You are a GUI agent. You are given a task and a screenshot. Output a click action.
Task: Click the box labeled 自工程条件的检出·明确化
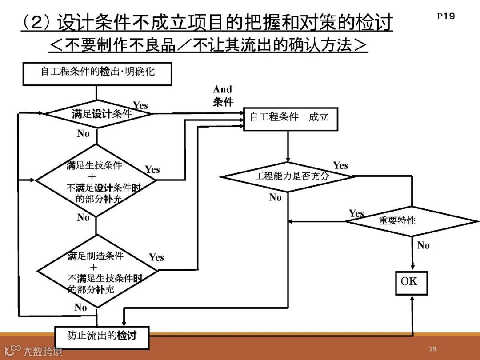[97, 74]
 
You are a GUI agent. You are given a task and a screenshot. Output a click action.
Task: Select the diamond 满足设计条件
[99, 114]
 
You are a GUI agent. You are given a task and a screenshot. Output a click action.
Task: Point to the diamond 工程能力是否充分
[288, 176]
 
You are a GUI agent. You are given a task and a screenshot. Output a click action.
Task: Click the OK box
[411, 283]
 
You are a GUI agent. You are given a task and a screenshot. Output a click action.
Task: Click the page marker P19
[445, 16]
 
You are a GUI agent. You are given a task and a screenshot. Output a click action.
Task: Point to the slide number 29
[432, 349]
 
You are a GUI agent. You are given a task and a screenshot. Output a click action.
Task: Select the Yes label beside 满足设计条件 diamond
[140, 106]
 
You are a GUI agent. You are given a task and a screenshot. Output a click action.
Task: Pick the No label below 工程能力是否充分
[276, 198]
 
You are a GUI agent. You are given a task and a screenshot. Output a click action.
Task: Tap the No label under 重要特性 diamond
[423, 246]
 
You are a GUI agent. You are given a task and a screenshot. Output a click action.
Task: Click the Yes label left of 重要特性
[356, 214]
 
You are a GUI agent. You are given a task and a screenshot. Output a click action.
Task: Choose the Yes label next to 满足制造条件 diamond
[156, 257]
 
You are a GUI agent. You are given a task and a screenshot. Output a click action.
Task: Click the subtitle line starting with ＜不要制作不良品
[208, 44]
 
